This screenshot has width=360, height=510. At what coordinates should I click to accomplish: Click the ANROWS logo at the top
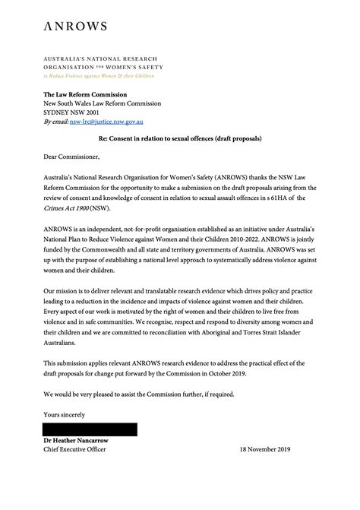click(74, 27)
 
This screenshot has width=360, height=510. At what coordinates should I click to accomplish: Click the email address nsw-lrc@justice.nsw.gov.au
click(107, 122)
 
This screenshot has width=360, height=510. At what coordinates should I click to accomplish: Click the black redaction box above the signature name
click(90, 429)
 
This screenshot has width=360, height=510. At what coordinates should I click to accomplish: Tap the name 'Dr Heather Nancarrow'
click(83, 441)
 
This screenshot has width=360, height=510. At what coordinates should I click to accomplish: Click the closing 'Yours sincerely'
click(65, 414)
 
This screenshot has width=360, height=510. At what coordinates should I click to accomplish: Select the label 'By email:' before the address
click(55, 122)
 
